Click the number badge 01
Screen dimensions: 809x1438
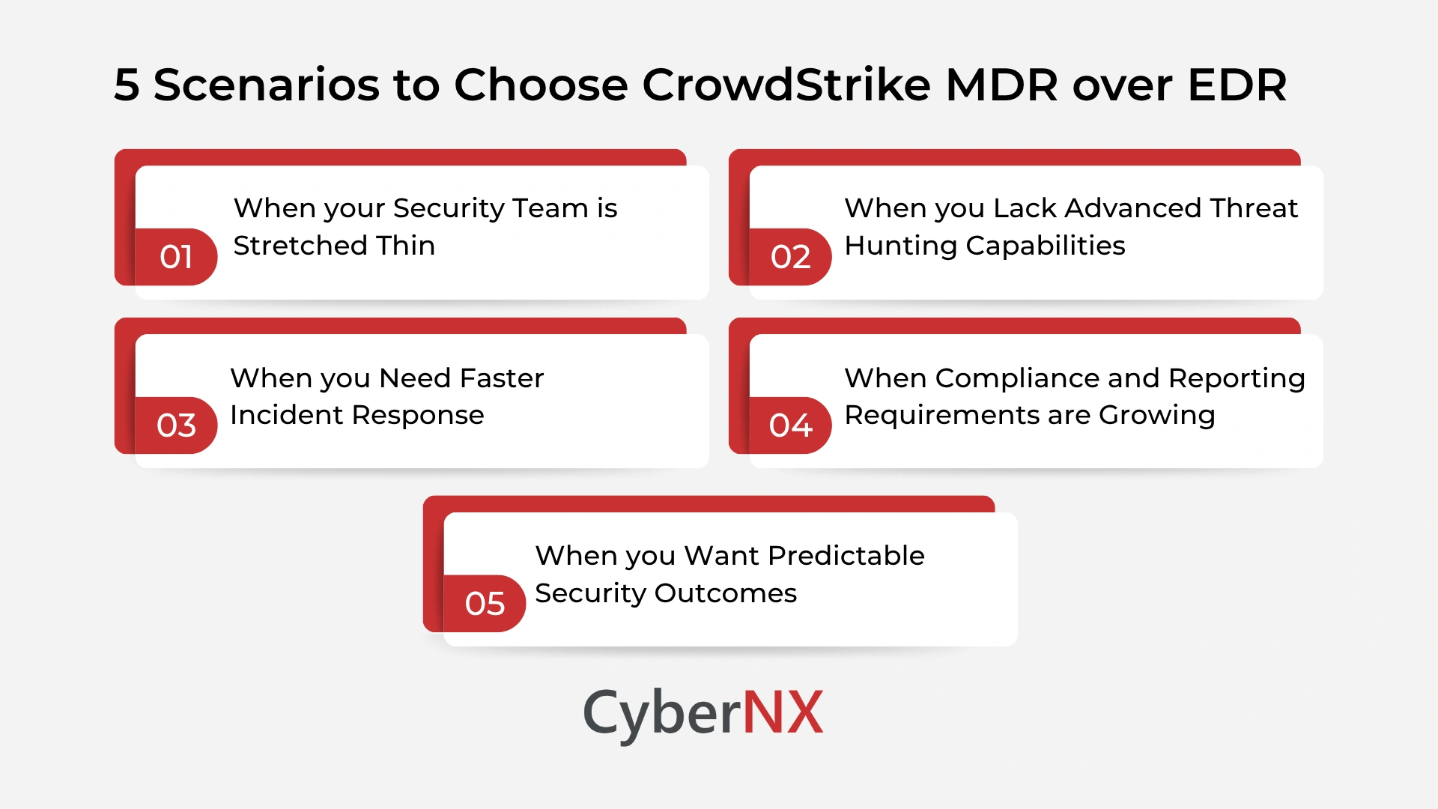pyautogui.click(x=176, y=257)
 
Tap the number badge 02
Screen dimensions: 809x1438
pyautogui.click(x=790, y=257)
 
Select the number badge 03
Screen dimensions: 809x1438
pyautogui.click(x=176, y=425)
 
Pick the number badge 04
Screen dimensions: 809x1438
pyautogui.click(x=790, y=425)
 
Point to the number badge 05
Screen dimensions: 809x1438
pyautogui.click(x=485, y=604)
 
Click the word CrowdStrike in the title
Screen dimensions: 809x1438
pyautogui.click(x=786, y=84)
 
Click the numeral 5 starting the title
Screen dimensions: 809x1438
pyautogui.click(x=127, y=85)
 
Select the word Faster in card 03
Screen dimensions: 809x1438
pyautogui.click(x=501, y=378)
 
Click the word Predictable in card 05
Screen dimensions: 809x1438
pyautogui.click(x=846, y=556)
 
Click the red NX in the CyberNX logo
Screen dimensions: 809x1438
pyautogui.click(x=783, y=712)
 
